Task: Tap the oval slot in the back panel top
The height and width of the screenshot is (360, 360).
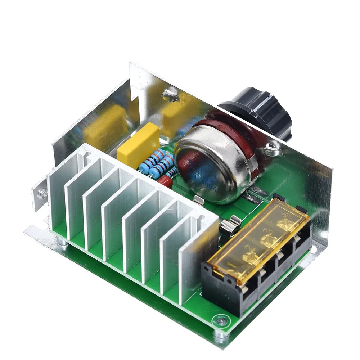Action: coord(169,95)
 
